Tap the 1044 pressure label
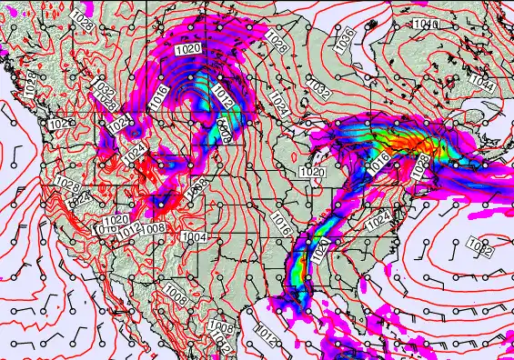[x=484, y=86]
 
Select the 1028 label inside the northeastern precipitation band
[x=421, y=165]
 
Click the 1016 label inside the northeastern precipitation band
[x=380, y=162]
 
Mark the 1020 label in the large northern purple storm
[x=189, y=48]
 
